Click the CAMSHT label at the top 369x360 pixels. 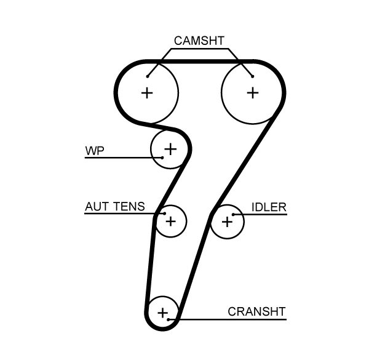pyautogui.click(x=199, y=41)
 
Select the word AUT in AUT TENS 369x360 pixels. pyautogui.click(x=97, y=206)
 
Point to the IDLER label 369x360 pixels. pyautogui.click(x=269, y=207)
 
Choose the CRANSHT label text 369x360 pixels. pyautogui.click(x=256, y=311)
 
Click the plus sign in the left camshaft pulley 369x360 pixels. pyautogui.click(x=147, y=92)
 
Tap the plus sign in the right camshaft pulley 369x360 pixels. pyautogui.click(x=252, y=92)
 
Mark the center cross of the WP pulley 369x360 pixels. pyautogui.click(x=170, y=148)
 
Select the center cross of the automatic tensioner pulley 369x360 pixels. pyautogui.click(x=170, y=220)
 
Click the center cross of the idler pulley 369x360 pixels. pyautogui.click(x=227, y=220)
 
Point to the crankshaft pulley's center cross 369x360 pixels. pyautogui.click(x=162, y=313)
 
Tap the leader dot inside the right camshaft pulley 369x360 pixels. pyautogui.click(x=252, y=77)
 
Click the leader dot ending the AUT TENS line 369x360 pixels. pyautogui.click(x=164, y=214)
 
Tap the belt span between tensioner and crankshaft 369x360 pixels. pyautogui.click(x=150, y=265)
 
